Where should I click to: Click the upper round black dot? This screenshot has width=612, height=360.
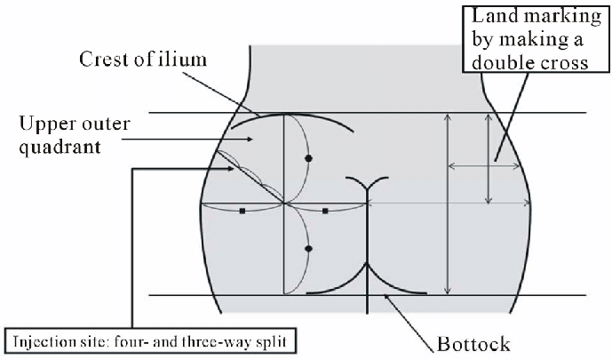click(x=309, y=158)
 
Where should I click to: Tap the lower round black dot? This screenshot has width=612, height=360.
click(x=309, y=249)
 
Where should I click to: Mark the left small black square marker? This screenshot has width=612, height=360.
click(x=242, y=212)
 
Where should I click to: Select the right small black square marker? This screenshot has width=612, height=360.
click(x=326, y=212)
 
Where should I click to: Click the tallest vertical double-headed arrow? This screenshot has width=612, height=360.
click(x=447, y=204)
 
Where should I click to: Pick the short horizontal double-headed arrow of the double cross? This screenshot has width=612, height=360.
click(x=472, y=165)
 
